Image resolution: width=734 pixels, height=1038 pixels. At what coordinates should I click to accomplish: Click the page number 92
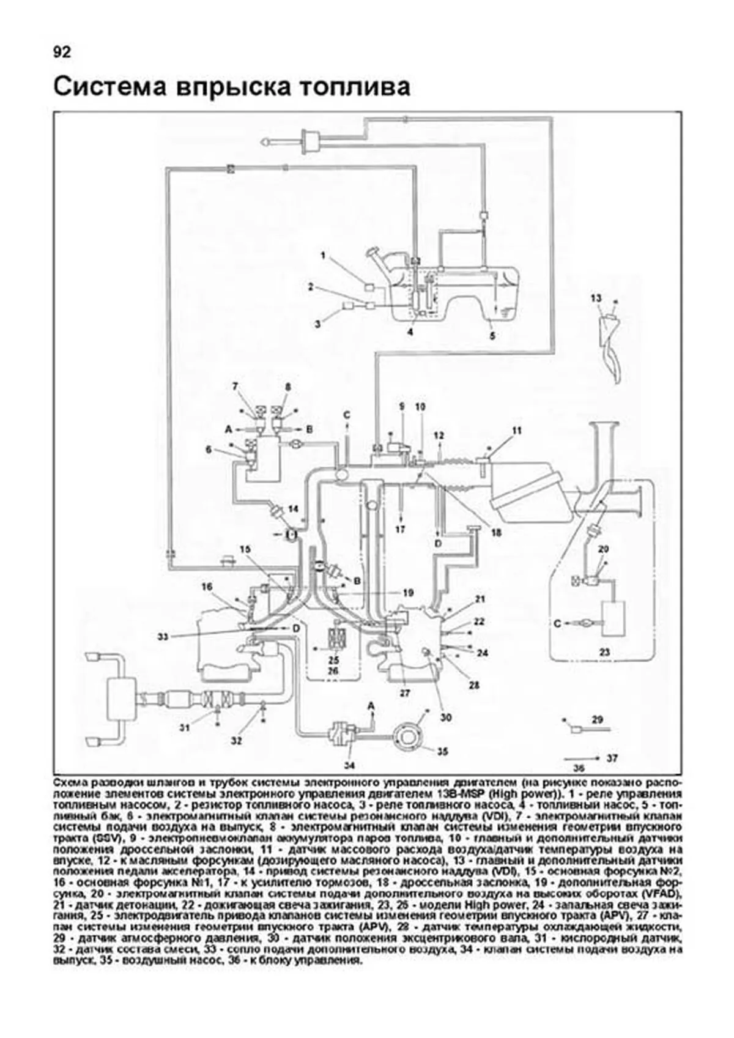[x=62, y=52]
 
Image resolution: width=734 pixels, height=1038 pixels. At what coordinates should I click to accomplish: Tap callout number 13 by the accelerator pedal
[x=596, y=298]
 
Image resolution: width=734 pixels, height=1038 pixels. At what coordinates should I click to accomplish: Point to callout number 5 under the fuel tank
[x=492, y=335]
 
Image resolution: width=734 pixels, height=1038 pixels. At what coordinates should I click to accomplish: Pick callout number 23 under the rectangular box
[x=604, y=653]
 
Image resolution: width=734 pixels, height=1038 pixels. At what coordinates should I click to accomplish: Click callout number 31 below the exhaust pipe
[x=185, y=727]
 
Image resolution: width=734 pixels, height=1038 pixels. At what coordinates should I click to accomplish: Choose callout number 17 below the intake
[x=400, y=529]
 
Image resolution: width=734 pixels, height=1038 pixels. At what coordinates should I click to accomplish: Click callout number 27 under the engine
[x=404, y=693]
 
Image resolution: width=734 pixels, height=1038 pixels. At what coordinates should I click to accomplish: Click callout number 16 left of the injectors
[x=207, y=587]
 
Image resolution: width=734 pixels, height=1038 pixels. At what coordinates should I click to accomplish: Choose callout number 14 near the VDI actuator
[x=293, y=509]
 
